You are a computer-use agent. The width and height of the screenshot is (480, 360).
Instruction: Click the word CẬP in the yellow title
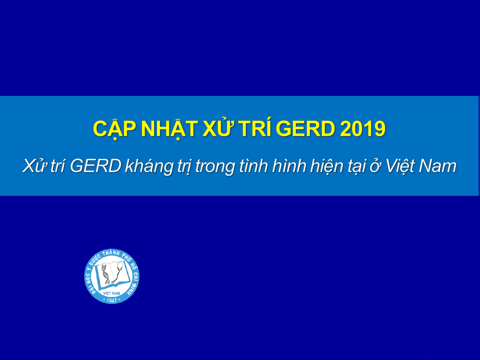pos(114,129)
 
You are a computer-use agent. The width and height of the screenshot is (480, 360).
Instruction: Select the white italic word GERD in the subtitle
pos(95,166)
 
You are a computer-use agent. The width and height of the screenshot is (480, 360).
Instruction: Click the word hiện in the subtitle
pos(325,167)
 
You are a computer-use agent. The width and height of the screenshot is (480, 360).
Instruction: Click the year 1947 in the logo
pos(112,300)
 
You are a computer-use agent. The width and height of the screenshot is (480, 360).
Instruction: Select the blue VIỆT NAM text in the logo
pos(112,293)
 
